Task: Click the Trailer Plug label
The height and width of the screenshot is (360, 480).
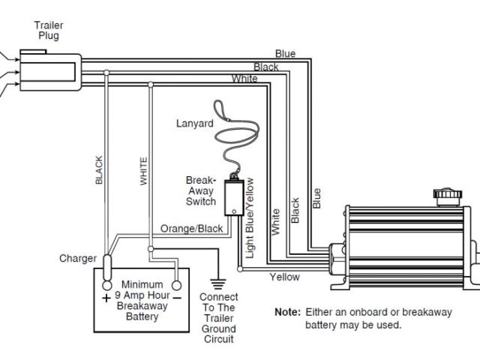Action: (x=46, y=30)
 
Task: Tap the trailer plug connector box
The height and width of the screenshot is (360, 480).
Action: (x=49, y=72)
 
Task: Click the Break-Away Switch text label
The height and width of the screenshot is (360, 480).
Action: (x=201, y=191)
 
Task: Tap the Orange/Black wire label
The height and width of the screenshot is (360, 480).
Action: (x=192, y=229)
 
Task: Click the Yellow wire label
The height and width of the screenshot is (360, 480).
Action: (x=284, y=277)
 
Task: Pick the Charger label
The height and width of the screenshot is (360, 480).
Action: (x=78, y=259)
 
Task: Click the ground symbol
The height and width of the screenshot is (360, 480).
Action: (x=218, y=283)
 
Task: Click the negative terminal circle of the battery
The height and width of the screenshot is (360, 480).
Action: (x=177, y=286)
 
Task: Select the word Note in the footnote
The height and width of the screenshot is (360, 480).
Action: (x=287, y=311)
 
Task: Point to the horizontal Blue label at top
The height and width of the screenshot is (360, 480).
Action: (x=285, y=53)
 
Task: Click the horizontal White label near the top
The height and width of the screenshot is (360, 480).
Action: (x=244, y=79)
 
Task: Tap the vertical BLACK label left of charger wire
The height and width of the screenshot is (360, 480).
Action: (x=98, y=170)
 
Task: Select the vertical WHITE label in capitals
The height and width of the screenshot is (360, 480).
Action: (x=143, y=171)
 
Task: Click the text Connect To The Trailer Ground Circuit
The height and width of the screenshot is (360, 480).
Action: (x=218, y=318)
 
